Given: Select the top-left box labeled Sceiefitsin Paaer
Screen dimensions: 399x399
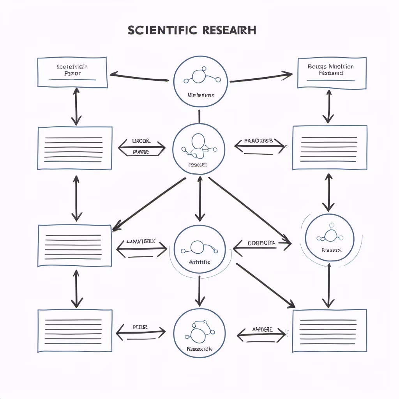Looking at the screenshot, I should (72, 72).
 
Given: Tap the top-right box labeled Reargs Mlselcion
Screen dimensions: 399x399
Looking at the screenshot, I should (332, 72).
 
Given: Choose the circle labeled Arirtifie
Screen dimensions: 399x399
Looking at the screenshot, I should (199, 249).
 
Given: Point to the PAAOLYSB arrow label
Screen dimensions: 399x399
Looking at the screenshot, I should (259, 141).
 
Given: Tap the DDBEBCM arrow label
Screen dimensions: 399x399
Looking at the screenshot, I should (261, 243).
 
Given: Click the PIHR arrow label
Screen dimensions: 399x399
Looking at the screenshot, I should (140, 328).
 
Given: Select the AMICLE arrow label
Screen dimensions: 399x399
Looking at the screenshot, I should (262, 330).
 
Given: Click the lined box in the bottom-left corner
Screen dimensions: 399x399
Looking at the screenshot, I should (75, 331).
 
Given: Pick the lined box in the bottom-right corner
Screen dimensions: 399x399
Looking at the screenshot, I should (329, 331).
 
